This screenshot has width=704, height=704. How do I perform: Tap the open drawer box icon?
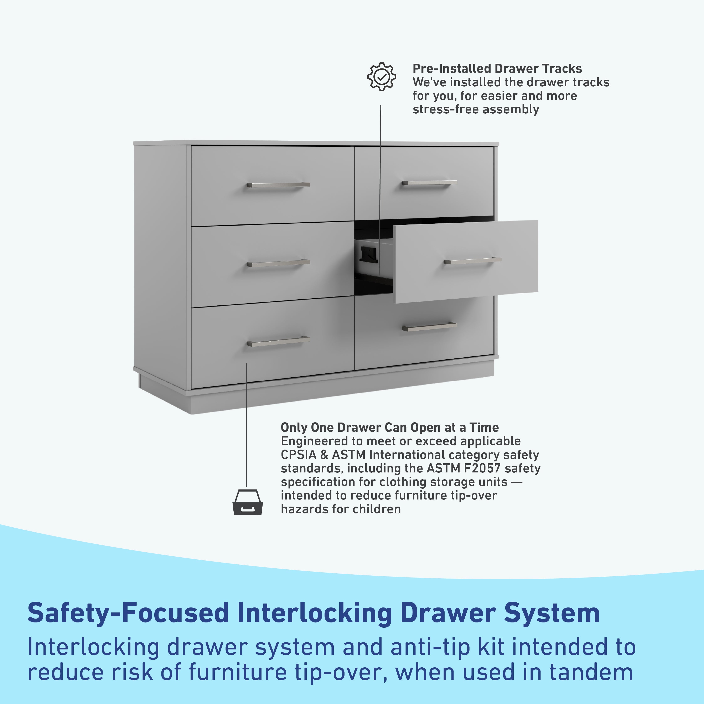point(247,502)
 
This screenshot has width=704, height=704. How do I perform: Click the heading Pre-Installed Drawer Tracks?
point(497,68)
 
